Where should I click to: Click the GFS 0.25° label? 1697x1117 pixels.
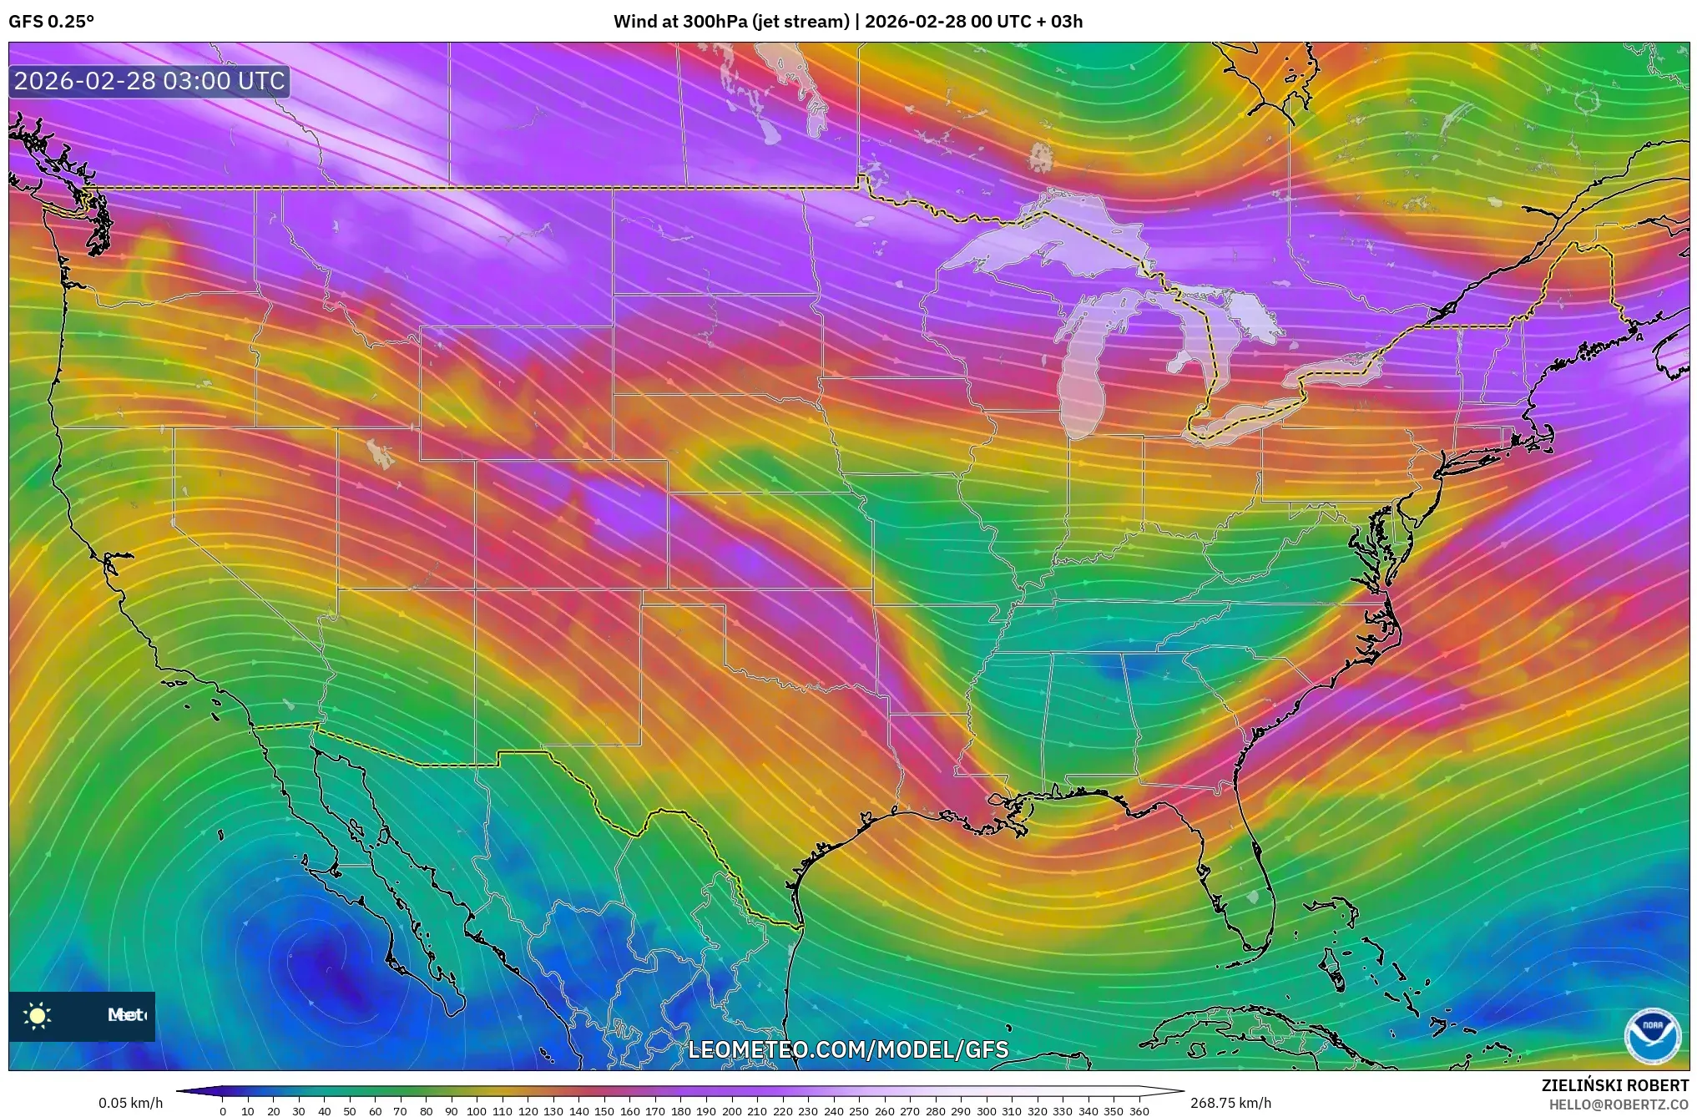point(51,22)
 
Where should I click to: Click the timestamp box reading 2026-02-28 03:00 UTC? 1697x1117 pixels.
point(149,81)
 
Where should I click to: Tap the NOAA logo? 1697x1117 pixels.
point(1651,1036)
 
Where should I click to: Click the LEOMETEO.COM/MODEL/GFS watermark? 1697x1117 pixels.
point(848,1049)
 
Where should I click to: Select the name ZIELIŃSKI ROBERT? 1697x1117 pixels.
point(1614,1085)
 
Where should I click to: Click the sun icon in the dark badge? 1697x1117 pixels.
point(38,1016)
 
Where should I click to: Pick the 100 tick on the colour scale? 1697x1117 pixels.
point(476,1111)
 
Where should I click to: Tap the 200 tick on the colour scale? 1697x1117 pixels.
point(731,1111)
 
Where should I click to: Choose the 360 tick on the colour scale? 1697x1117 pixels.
point(1139,1111)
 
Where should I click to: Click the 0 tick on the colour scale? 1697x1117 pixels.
point(222,1111)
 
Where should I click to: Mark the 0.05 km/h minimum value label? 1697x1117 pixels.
point(130,1103)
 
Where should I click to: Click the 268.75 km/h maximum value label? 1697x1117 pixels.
point(1230,1103)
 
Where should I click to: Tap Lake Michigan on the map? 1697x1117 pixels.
point(1083,376)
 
